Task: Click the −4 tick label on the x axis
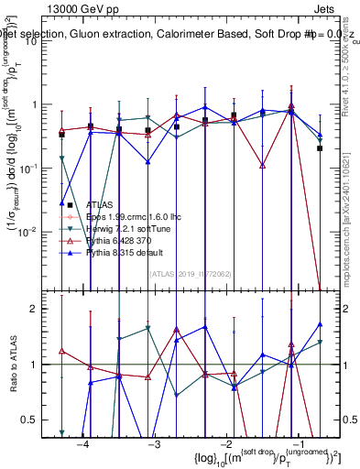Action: (82, 444)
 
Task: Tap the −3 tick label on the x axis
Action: (154, 444)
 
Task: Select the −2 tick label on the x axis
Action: (225, 444)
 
